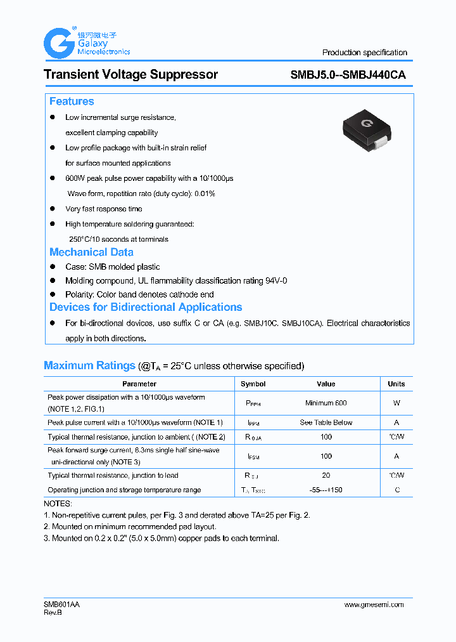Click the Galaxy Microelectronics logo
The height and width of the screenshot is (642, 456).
pyautogui.click(x=86, y=43)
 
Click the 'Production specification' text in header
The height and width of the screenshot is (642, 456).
pyautogui.click(x=364, y=53)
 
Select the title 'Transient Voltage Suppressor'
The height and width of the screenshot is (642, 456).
pyautogui.click(x=130, y=74)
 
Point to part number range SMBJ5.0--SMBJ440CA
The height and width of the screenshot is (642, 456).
pyautogui.click(x=348, y=74)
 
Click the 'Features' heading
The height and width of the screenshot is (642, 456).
pyautogui.click(x=72, y=102)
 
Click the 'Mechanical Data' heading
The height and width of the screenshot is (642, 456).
pyautogui.click(x=91, y=252)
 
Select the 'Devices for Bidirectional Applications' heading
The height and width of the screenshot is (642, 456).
pyautogui.click(x=146, y=307)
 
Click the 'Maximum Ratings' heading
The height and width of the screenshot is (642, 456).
pyautogui.click(x=89, y=365)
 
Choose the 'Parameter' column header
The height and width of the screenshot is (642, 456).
pyautogui.click(x=139, y=384)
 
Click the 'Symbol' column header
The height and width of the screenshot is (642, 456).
pyautogui.click(x=253, y=384)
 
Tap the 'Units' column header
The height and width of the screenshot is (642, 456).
pyautogui.click(x=396, y=384)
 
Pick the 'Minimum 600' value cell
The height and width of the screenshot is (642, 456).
pyautogui.click(x=326, y=403)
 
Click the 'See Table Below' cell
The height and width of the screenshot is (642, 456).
pyautogui.click(x=326, y=423)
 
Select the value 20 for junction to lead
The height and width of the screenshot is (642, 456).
pyautogui.click(x=326, y=475)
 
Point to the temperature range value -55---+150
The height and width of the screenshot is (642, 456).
pyautogui.click(x=326, y=490)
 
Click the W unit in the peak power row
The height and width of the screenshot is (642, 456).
pyautogui.click(x=396, y=403)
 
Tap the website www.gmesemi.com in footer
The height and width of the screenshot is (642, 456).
pyautogui.click(x=374, y=605)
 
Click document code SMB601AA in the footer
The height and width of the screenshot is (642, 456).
pyautogui.click(x=61, y=605)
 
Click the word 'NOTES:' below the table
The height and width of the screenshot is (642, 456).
pyautogui.click(x=58, y=502)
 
